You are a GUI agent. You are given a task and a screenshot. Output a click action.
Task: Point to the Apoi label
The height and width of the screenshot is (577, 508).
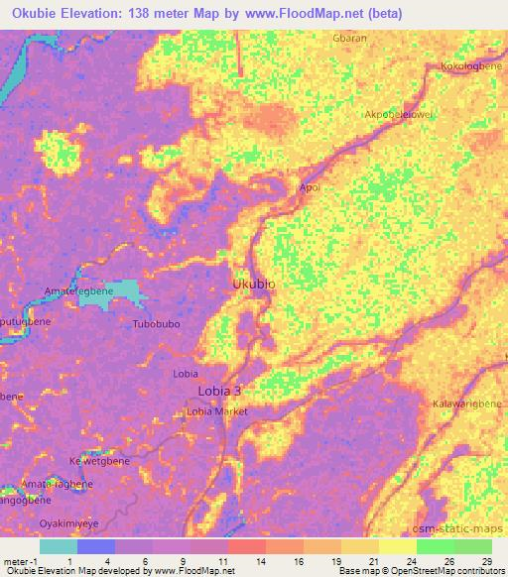coord(310,187)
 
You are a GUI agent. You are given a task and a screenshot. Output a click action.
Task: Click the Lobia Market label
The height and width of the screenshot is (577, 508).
coord(217,410)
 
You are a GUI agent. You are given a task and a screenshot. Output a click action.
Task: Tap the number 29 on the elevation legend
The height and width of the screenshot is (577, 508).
coord(486,560)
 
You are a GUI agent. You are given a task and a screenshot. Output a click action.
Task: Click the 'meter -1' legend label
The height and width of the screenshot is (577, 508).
coord(21,560)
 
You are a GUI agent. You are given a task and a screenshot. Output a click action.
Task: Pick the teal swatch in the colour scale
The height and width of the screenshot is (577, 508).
coord(59,546)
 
